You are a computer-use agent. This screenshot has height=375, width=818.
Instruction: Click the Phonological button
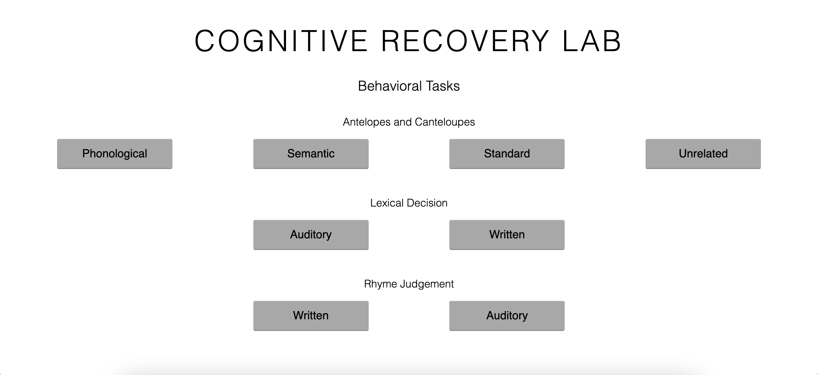[115, 154]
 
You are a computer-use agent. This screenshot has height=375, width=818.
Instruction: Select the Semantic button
[311, 154]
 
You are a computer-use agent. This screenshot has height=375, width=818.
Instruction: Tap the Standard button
[507, 154]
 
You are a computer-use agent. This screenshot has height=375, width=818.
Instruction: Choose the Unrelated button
[703, 154]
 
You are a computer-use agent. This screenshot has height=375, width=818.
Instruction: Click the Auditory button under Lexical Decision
[311, 235]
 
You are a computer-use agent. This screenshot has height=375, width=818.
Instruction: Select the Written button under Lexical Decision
[507, 235]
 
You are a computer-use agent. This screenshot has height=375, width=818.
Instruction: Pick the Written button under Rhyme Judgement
[311, 316]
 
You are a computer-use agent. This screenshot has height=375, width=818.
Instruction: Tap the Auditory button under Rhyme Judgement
[507, 316]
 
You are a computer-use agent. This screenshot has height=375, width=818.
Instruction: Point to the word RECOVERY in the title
[465, 41]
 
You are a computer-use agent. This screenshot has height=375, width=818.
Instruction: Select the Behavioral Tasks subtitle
[409, 86]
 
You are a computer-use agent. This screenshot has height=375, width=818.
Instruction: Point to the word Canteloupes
[445, 122]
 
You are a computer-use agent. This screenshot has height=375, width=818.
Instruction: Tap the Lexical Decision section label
[409, 203]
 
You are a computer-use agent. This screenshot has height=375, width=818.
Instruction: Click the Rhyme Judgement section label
[409, 284]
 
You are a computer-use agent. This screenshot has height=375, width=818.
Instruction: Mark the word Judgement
[427, 284]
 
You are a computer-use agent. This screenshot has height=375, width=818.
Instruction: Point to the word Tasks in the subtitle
[443, 86]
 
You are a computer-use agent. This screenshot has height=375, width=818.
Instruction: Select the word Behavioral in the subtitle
[390, 86]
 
